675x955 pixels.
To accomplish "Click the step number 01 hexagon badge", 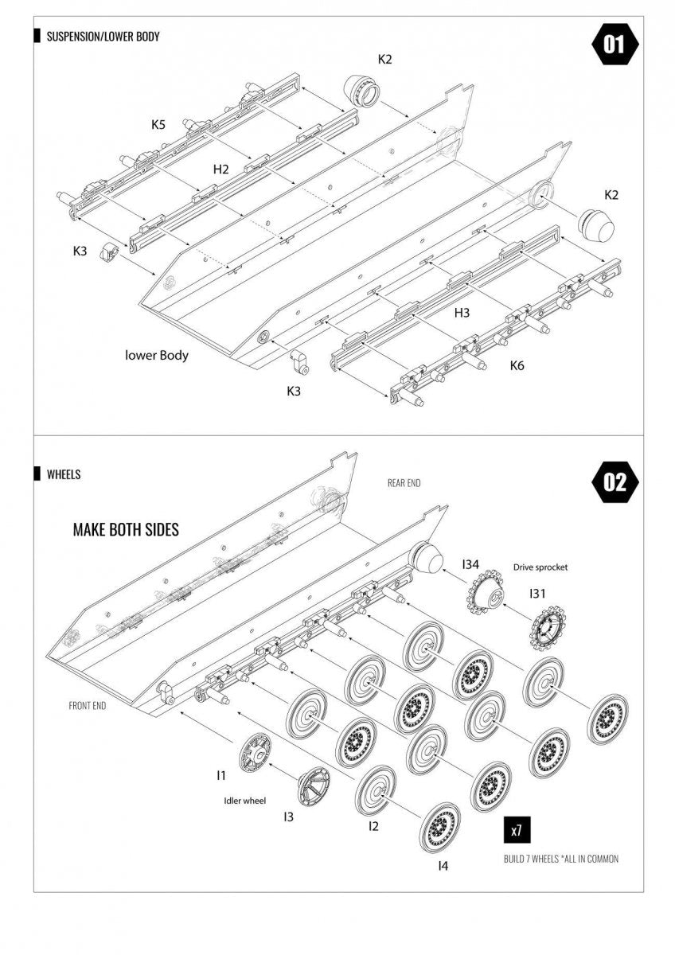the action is pos(615,44).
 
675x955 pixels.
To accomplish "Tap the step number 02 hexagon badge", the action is pos(615,481).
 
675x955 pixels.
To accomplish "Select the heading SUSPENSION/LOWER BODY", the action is pos(103,37).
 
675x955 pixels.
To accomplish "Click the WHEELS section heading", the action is pos(64,474).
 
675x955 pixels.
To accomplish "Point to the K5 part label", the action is pos(158,124).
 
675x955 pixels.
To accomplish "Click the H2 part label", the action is pos(220,170).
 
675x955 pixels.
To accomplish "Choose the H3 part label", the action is pos(462,313).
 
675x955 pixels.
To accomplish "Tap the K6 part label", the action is pos(517,365).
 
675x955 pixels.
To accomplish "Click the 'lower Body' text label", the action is pos(157,355).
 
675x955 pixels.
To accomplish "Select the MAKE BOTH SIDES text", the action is pos(126,529).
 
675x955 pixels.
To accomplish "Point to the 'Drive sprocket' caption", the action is pos(540,567).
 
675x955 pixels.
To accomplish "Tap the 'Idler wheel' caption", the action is pos(244,801).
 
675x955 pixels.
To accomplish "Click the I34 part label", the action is pos(470,564).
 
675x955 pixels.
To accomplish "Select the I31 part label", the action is pos(537,593).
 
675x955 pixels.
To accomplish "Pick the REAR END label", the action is pos(404,483).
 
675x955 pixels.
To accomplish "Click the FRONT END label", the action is pos(88,706).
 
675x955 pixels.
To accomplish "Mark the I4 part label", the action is pos(443,866).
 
